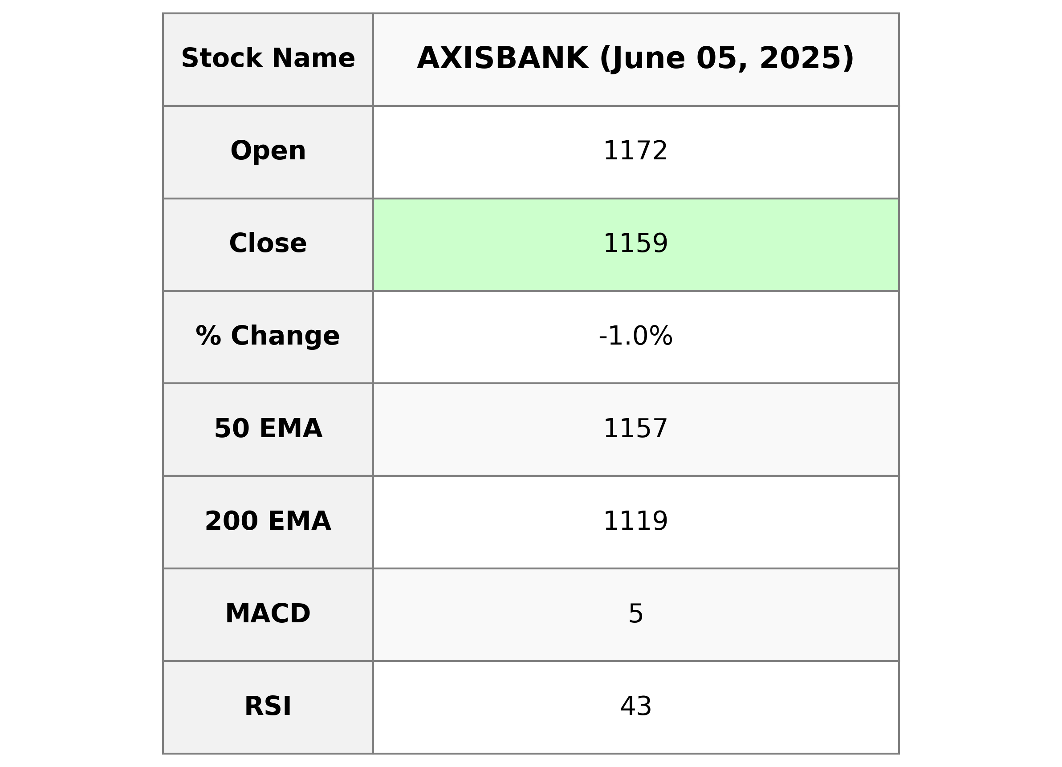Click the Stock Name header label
click(268, 58)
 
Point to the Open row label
click(268, 151)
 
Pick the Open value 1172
click(635, 151)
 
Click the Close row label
click(268, 243)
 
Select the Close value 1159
click(635, 243)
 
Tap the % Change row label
click(268, 336)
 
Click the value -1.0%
click(635, 336)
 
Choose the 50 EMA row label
click(268, 428)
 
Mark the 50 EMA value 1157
click(635, 428)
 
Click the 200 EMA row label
click(268, 521)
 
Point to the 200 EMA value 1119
click(635, 521)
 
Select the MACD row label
click(268, 613)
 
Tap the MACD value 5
click(635, 613)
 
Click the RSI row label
click(268, 706)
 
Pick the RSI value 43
click(635, 706)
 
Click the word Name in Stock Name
click(313, 58)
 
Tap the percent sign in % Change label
click(208, 336)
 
